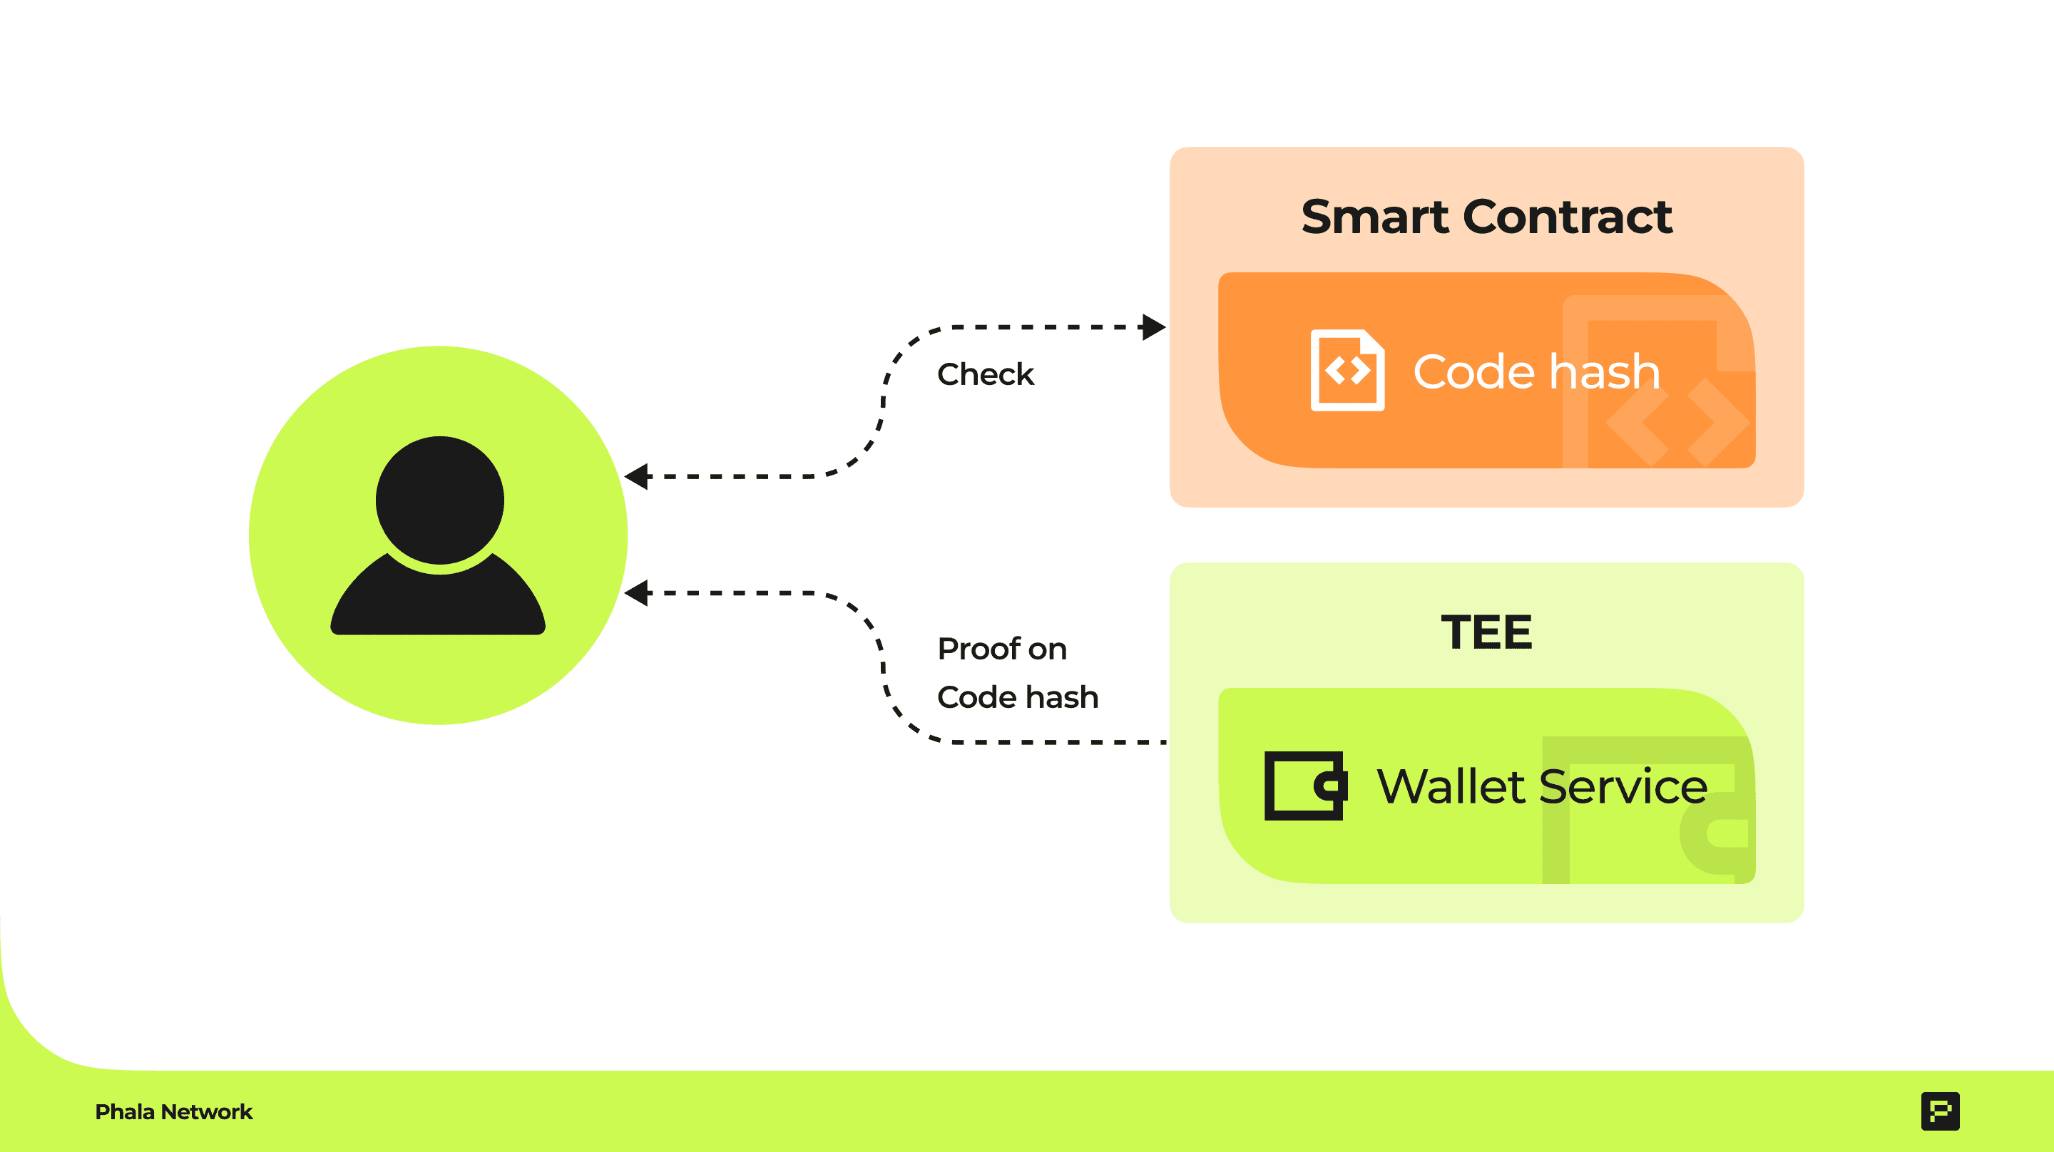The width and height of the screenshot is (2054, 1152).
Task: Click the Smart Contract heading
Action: click(1486, 217)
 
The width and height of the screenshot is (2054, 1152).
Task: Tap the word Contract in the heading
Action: click(1568, 217)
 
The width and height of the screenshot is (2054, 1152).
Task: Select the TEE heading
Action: click(1486, 632)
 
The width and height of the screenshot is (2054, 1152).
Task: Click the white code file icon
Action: click(1347, 370)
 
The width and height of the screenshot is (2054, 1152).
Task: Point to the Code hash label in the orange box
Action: click(1536, 371)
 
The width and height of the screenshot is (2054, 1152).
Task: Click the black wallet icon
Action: click(1305, 786)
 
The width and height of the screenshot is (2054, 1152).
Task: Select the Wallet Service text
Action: click(1542, 786)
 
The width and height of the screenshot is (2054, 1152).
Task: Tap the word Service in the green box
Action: click(1623, 786)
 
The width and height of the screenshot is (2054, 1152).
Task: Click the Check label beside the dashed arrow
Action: click(986, 374)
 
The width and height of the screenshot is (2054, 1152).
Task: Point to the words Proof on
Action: click(1001, 649)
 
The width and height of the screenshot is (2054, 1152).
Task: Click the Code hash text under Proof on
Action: click(1018, 698)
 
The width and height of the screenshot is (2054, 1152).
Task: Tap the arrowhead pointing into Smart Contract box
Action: click(1154, 327)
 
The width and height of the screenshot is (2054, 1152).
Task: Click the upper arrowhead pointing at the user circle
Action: click(636, 477)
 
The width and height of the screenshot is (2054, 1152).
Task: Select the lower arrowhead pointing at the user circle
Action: click(636, 593)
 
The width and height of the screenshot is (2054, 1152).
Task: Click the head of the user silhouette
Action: click(439, 500)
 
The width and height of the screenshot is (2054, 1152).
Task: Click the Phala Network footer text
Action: click(174, 1112)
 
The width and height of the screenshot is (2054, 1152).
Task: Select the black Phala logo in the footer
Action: click(1940, 1111)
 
